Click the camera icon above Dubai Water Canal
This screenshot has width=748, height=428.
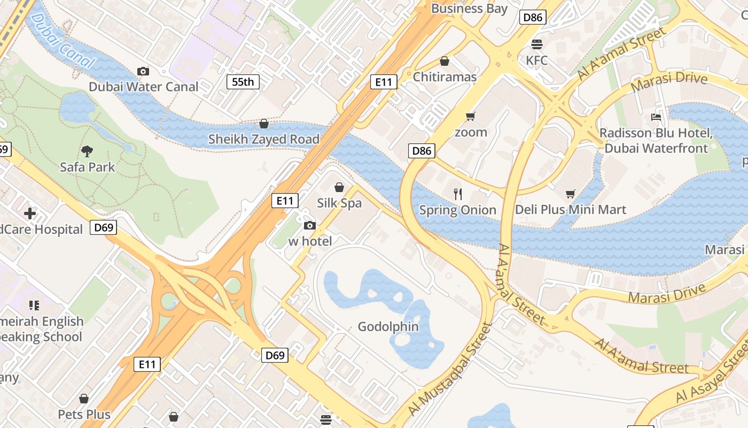tap(143, 71)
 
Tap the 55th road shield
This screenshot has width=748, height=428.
tap(243, 82)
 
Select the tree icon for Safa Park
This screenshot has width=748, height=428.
tap(87, 151)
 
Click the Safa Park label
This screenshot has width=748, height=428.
tap(87, 167)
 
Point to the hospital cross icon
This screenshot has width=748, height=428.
tap(30, 214)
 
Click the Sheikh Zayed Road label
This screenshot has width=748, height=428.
tap(264, 139)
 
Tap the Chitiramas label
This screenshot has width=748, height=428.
tap(445, 77)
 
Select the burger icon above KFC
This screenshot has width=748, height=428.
tap(536, 44)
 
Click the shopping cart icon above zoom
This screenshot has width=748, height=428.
tap(471, 116)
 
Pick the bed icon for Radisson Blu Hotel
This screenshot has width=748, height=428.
tap(656, 117)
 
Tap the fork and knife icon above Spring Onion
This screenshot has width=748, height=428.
tap(458, 194)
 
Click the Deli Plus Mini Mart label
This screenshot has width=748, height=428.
tap(570, 210)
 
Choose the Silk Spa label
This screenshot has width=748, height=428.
tap(339, 203)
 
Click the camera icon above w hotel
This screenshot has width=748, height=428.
tap(310, 225)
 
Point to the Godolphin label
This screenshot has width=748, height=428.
tap(388, 326)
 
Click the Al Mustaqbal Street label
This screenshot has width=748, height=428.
tap(450, 369)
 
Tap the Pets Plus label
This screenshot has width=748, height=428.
tap(84, 415)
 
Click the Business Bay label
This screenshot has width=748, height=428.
tap(469, 9)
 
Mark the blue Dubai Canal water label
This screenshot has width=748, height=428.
tap(63, 42)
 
